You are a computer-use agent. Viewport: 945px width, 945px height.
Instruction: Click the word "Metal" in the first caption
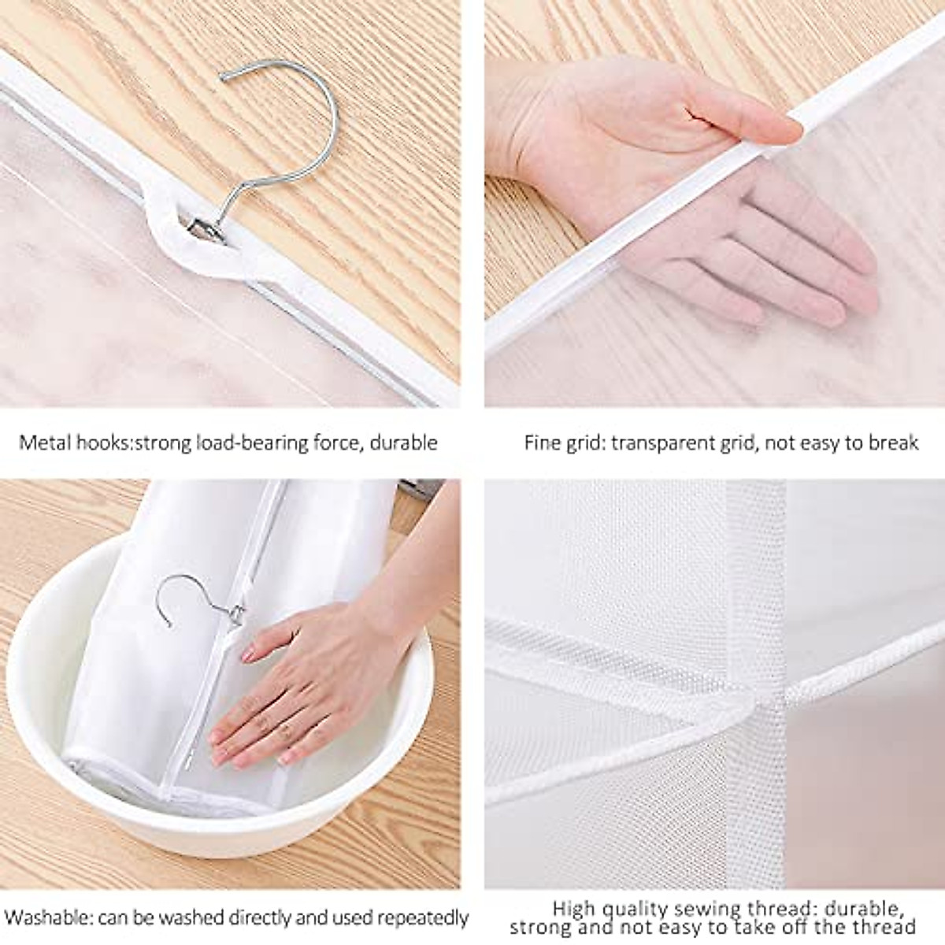point(44,443)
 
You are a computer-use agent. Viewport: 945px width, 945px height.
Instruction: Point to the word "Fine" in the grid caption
point(540,443)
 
